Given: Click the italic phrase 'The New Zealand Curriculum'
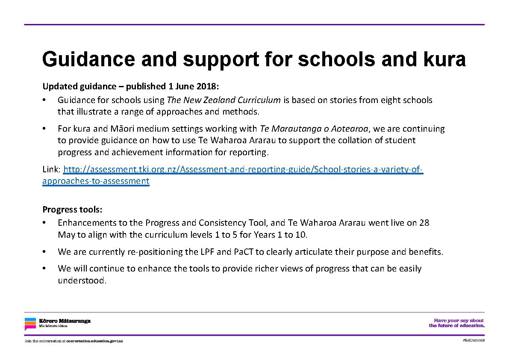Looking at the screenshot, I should (x=224, y=100).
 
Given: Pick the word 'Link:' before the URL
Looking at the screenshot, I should (x=51, y=169).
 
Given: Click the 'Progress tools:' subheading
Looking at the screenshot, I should (x=72, y=210).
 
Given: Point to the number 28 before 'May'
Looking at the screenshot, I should (x=424, y=223).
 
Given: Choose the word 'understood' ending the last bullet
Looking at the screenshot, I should (x=81, y=280).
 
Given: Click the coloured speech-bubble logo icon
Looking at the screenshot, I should (x=30, y=324).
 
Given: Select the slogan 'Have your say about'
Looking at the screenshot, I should (x=459, y=320).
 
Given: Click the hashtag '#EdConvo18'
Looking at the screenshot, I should (x=473, y=340).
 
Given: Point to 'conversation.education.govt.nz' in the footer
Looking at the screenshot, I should (x=94, y=341).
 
